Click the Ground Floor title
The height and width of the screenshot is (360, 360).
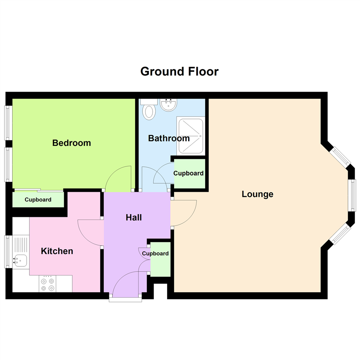(x=179, y=71)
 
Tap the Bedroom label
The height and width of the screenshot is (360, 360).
(x=72, y=143)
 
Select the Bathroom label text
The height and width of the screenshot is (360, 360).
(x=169, y=138)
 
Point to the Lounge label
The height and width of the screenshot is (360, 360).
(x=257, y=194)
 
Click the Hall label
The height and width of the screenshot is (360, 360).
(x=134, y=218)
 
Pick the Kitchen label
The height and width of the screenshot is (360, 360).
(x=57, y=251)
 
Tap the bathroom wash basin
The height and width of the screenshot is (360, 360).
(x=168, y=105)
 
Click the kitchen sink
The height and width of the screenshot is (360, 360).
(x=20, y=259)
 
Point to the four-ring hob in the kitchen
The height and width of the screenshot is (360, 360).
(x=47, y=284)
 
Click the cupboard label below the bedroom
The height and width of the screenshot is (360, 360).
(x=38, y=200)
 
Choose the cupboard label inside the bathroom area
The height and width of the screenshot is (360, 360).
(x=188, y=173)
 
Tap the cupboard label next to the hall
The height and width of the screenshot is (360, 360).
(x=155, y=253)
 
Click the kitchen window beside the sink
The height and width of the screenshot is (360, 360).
(x=8, y=251)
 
